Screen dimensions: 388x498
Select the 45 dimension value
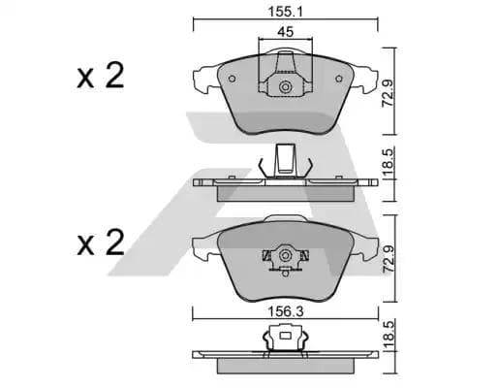pyautogui.click(x=285, y=31)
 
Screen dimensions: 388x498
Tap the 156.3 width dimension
pyautogui.click(x=285, y=302)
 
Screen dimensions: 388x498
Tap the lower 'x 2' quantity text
pyautogui.click(x=100, y=242)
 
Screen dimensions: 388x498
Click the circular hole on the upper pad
pyautogui.click(x=286, y=90)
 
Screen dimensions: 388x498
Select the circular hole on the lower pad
pyautogui.click(x=285, y=256)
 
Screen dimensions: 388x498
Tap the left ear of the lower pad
pyautogui.click(x=205, y=242)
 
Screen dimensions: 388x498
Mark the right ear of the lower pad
pyautogui.click(x=366, y=242)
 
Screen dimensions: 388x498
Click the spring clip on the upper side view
pyautogui.click(x=285, y=161)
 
